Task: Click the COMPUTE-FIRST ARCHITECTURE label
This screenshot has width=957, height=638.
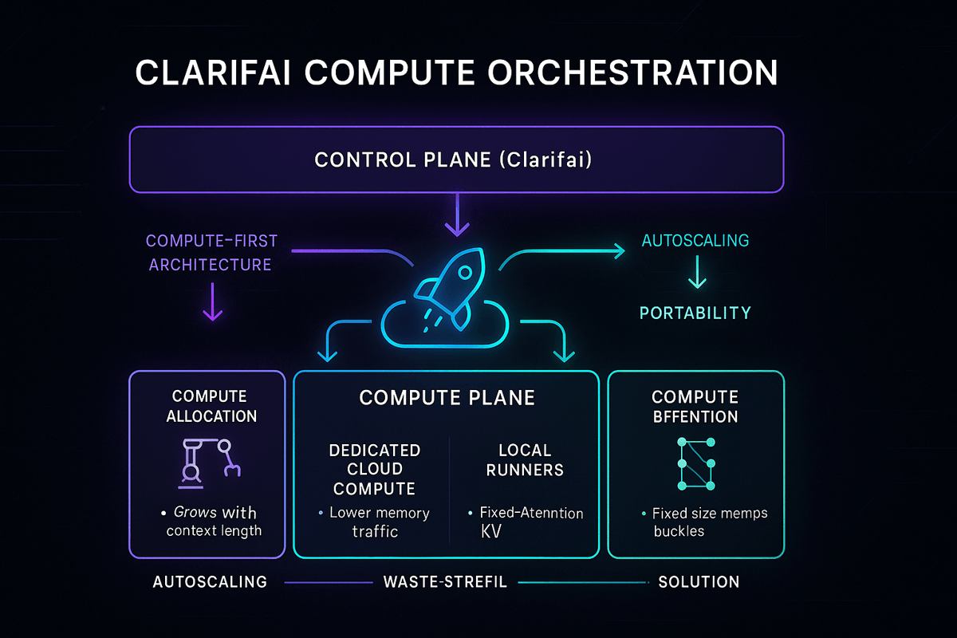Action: click(x=211, y=252)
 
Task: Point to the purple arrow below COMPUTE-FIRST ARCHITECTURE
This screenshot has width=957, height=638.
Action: click(x=212, y=305)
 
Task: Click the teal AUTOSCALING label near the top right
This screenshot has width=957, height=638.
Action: click(x=695, y=240)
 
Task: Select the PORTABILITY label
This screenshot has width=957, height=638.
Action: click(x=695, y=313)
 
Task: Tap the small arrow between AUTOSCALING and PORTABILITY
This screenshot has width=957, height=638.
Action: click(x=696, y=275)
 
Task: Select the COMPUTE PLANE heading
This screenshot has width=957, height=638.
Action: click(x=447, y=398)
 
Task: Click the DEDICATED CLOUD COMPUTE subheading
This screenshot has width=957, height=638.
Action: click(x=374, y=470)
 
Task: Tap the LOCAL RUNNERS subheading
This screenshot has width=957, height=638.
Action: click(x=526, y=460)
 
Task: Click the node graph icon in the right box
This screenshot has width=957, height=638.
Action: click(x=695, y=463)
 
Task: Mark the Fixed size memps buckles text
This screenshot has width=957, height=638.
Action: click(x=702, y=522)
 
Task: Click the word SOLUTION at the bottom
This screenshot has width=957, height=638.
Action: click(x=699, y=582)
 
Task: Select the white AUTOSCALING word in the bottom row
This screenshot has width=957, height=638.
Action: click(x=210, y=582)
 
